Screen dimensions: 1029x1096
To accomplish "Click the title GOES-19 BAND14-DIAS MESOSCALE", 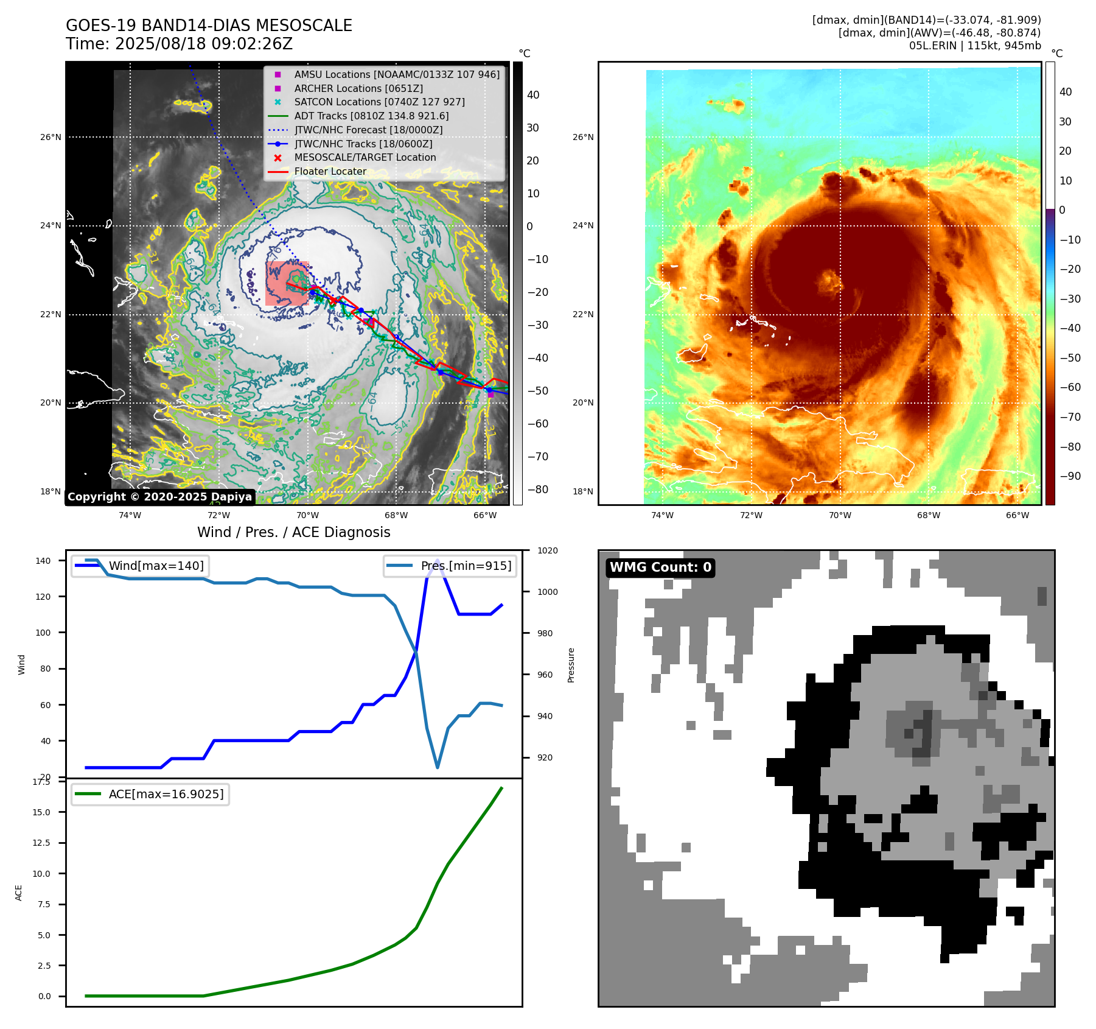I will point(209,26).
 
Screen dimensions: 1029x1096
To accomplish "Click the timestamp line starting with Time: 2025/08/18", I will point(179,44).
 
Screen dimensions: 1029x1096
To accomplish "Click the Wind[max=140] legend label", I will point(156,566).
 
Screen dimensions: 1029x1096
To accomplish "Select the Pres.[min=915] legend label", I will point(466,566).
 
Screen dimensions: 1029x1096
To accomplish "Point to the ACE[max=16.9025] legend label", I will point(166,794).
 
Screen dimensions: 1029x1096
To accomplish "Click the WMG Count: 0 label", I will point(660,567).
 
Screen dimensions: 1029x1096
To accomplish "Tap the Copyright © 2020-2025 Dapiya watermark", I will point(159,496).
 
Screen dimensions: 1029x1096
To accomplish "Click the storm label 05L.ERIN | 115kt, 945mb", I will point(975,46).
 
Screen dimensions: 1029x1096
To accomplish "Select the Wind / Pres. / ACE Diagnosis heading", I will point(293,532).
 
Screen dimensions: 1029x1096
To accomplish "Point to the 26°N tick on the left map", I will point(51,137).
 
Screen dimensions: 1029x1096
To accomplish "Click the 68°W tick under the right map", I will point(928,515).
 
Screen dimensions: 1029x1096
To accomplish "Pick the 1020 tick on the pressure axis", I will point(547,550).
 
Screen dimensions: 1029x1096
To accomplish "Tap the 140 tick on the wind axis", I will point(43,561).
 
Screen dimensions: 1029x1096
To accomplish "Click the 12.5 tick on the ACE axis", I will point(41,843).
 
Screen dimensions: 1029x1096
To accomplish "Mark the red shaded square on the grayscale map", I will point(287,283).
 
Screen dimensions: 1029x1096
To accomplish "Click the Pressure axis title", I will point(571,665).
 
